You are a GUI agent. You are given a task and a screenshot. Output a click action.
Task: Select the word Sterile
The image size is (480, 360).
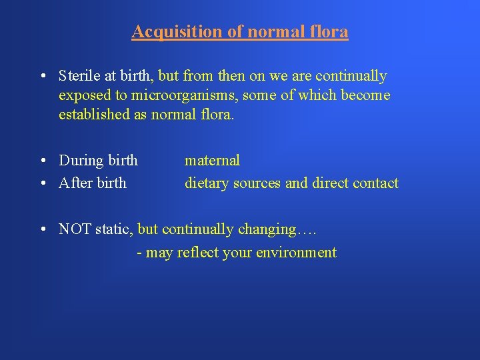(x=79, y=76)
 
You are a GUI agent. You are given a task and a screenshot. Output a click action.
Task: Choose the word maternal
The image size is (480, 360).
(x=212, y=160)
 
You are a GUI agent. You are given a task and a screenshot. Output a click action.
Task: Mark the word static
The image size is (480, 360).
(x=113, y=229)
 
